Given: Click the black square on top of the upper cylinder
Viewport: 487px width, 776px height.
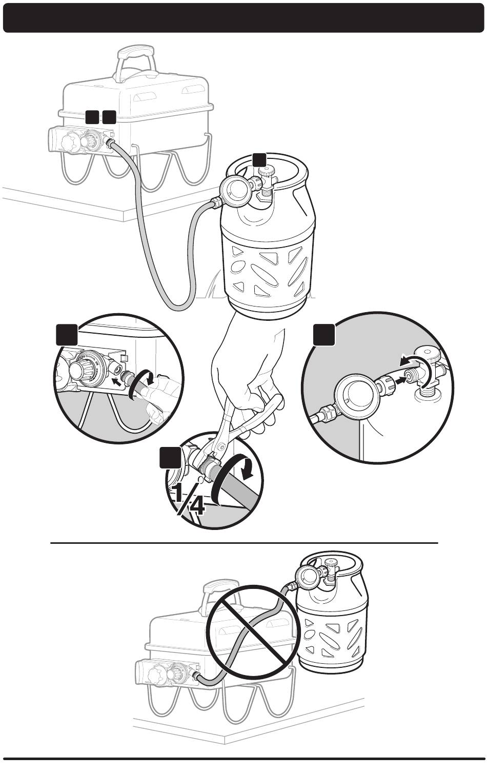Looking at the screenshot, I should click(x=259, y=159).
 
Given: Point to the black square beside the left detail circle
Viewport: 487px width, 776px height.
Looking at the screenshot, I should click(x=67, y=334).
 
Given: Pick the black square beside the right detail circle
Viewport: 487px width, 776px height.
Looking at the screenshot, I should click(x=324, y=334).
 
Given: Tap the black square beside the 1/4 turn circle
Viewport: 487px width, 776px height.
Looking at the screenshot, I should click(x=169, y=457).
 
